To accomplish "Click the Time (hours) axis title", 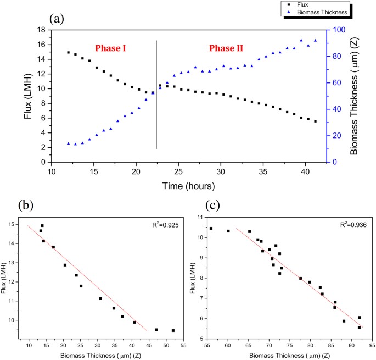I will point(189,187).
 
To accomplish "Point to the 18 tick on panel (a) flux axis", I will point(41,30).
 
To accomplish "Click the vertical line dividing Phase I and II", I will point(157,93).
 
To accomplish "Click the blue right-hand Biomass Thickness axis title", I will point(356,96).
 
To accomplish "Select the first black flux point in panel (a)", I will point(69,53).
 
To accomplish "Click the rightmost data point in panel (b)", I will point(173,330).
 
